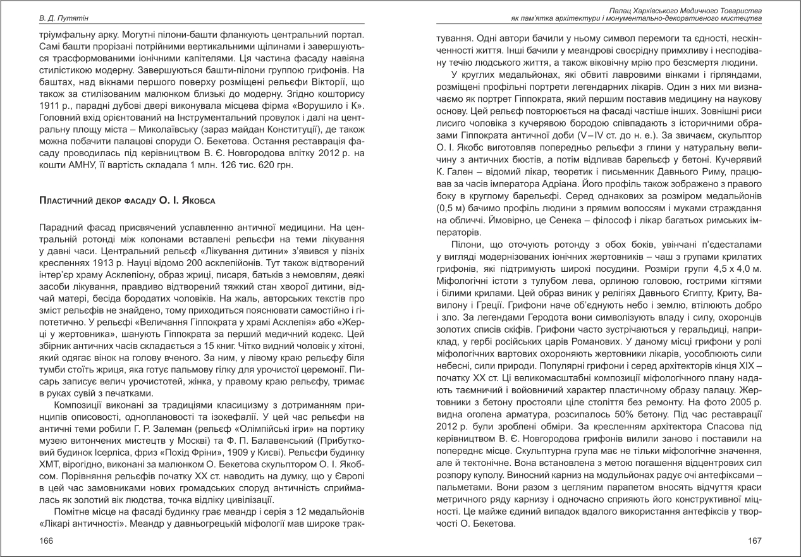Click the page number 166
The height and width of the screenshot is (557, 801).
46,541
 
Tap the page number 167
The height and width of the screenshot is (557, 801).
754,541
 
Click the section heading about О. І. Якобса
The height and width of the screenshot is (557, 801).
127,200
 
